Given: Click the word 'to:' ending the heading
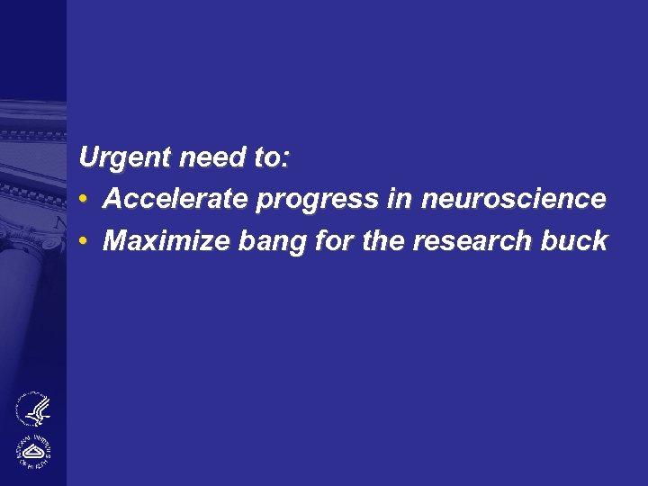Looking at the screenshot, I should coord(272,158).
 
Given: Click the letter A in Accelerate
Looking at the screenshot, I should coord(112,199).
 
